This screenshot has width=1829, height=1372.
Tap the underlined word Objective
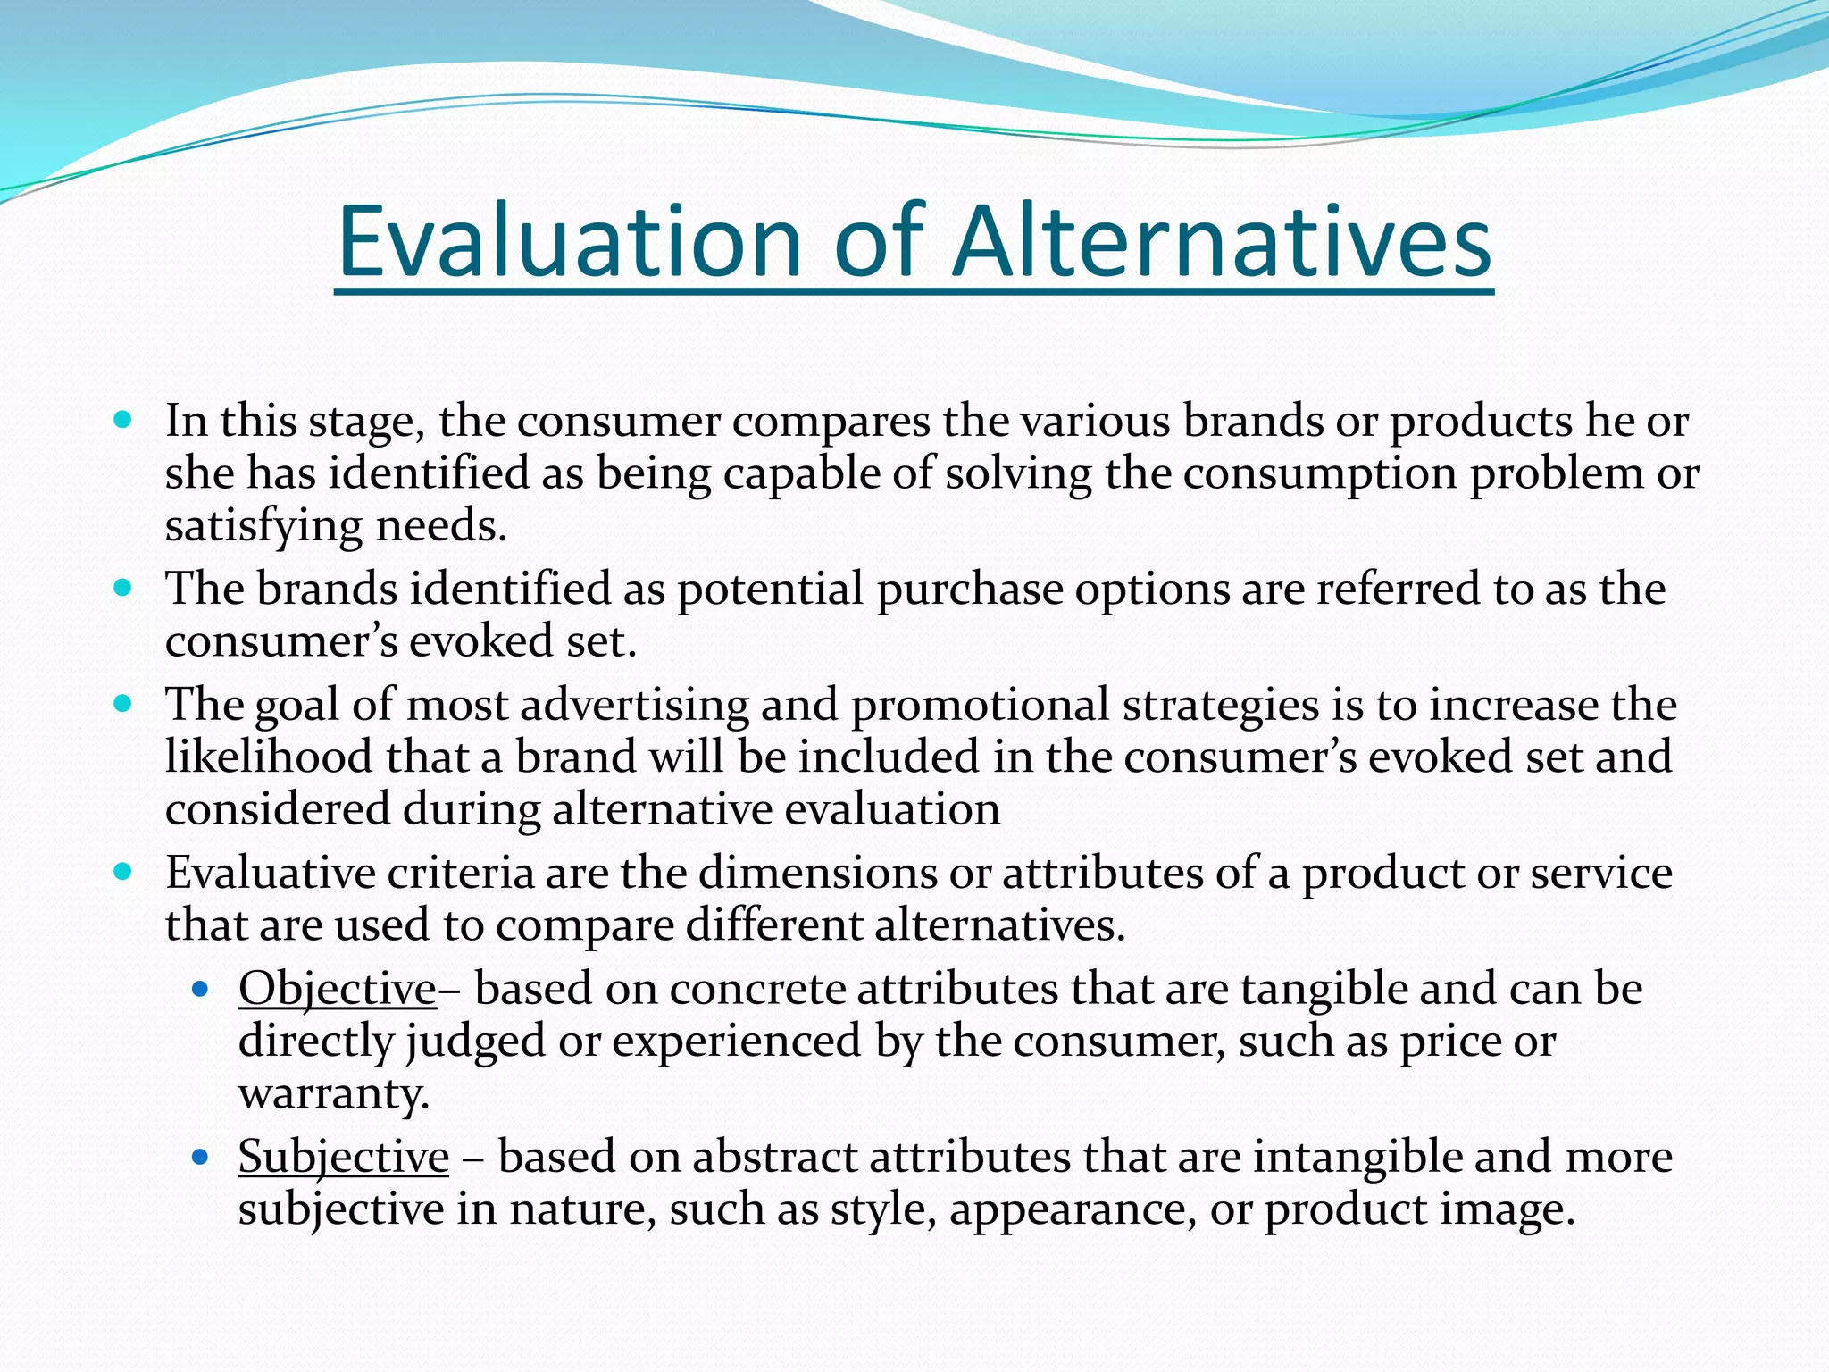[x=337, y=990]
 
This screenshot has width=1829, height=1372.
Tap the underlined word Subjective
[x=343, y=1158]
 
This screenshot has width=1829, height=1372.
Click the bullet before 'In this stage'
[x=123, y=418]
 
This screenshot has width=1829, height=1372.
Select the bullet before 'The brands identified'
[x=123, y=587]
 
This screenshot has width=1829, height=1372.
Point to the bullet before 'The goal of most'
[x=123, y=703]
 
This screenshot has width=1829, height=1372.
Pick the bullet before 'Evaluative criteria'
[x=123, y=871]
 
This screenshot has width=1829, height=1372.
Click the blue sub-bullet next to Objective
[x=200, y=989]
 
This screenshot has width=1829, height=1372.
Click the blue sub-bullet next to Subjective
[x=200, y=1158]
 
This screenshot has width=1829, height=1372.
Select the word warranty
[x=333, y=1094]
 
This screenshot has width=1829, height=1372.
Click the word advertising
[x=634, y=706]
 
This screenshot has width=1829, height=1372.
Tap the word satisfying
[x=263, y=527]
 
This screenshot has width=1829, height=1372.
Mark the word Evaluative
[x=270, y=873]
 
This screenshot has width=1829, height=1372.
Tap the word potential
[x=770, y=590]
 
